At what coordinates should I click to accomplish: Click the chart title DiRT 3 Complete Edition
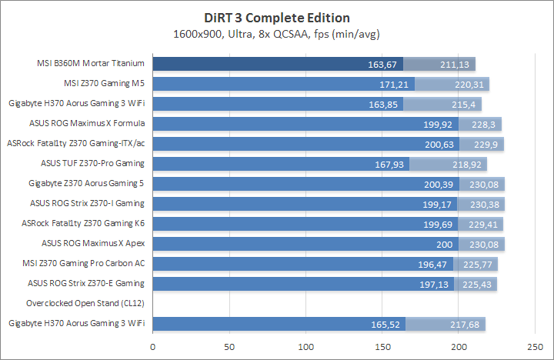(x=276, y=18)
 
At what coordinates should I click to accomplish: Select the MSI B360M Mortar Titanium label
(x=92, y=64)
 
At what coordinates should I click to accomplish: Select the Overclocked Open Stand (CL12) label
(x=85, y=303)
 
